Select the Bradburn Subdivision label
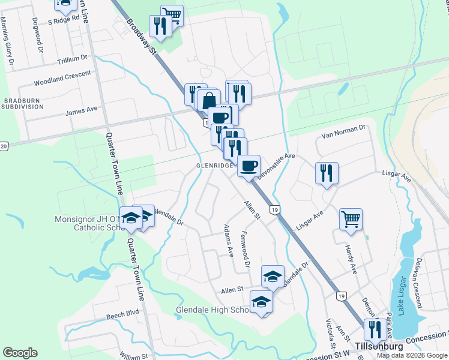pos(22,103)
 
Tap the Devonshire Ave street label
pos(277,165)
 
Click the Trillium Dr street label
pos(72,59)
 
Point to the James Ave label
pos(81,110)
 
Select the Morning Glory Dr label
pos(7,41)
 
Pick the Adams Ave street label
pos(228,241)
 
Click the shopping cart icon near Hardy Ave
pos(351,218)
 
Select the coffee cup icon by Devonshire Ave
pos(249,165)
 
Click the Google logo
pos(20,353)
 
